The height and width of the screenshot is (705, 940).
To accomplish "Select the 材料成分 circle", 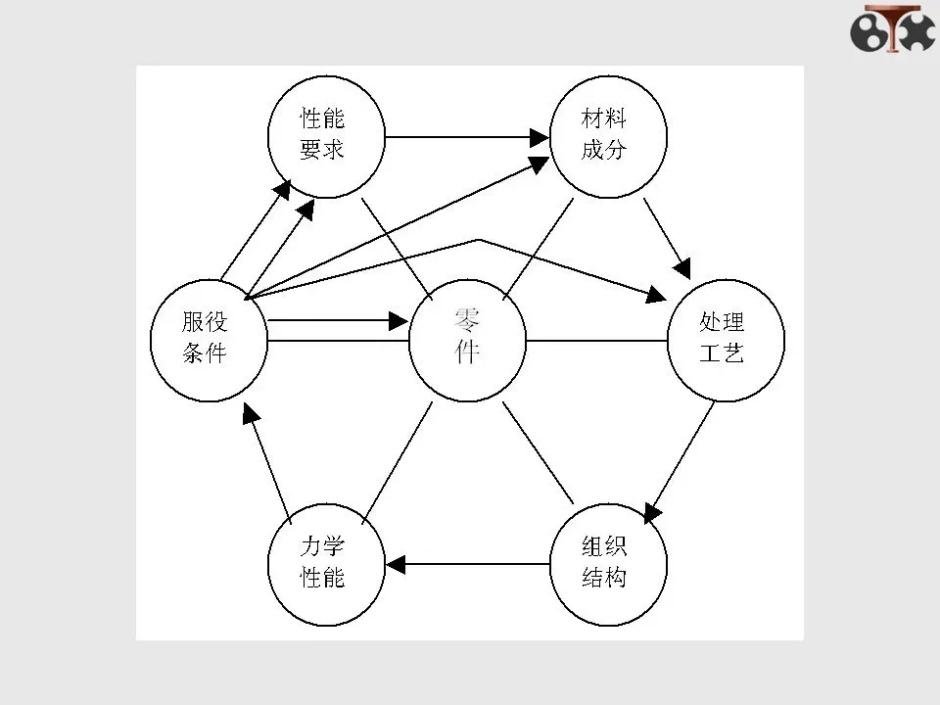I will [x=604, y=136].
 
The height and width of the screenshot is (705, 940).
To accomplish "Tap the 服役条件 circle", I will [x=207, y=339].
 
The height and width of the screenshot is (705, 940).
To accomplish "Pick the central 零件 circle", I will [x=467, y=340].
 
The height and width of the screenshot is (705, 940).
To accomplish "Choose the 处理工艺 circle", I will [x=725, y=340].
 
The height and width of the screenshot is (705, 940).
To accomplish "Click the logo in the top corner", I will [x=893, y=29].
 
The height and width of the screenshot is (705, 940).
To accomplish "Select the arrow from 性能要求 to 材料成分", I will [x=465, y=137].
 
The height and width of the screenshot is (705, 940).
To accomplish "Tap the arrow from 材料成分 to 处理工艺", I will [x=668, y=236].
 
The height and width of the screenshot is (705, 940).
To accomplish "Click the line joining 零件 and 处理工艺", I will [x=595, y=341].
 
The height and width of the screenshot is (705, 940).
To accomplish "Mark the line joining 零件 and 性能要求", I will [x=398, y=245].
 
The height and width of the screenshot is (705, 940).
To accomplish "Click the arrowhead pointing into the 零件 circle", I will [x=398, y=320].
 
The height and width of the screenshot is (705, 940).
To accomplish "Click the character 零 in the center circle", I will [x=467, y=319].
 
